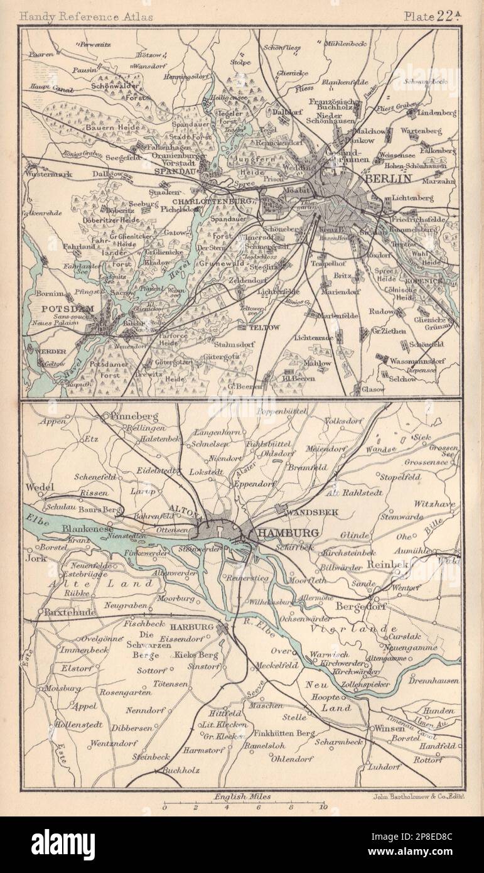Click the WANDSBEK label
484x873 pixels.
312,513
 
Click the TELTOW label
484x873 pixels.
255,327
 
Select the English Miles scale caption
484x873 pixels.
242,796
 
